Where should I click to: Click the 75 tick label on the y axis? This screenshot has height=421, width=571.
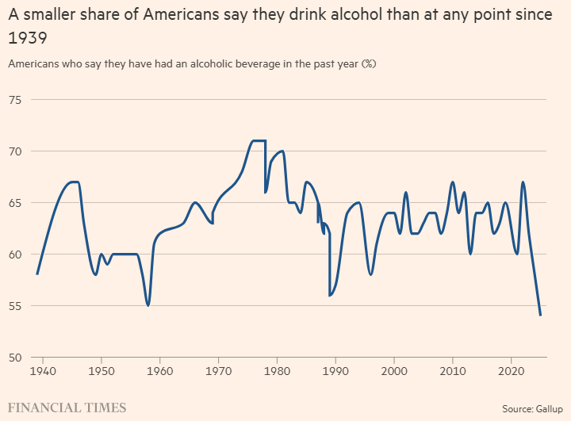tap(14, 99)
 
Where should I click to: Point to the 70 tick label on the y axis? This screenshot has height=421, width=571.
tap(14, 151)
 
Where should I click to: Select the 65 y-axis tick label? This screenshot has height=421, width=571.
tap(14, 202)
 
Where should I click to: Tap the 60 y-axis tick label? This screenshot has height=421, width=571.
tap(14, 254)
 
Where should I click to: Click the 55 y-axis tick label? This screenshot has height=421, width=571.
tap(14, 305)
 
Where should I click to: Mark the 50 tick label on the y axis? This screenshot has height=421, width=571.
tap(14, 357)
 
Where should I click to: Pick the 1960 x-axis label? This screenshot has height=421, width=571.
tap(160, 370)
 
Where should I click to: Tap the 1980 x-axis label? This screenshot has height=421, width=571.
tap(277, 370)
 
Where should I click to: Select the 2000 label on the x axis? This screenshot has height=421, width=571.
tap(394, 370)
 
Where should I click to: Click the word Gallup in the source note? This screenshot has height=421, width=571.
tap(546, 408)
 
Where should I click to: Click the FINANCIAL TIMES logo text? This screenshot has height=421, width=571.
tap(67, 408)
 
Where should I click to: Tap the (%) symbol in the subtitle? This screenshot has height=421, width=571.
tap(368, 63)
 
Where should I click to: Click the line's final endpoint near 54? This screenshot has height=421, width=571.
tap(540, 315)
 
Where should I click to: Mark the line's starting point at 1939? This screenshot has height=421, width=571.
tap(37, 274)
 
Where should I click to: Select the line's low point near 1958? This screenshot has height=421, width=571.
tap(148, 305)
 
